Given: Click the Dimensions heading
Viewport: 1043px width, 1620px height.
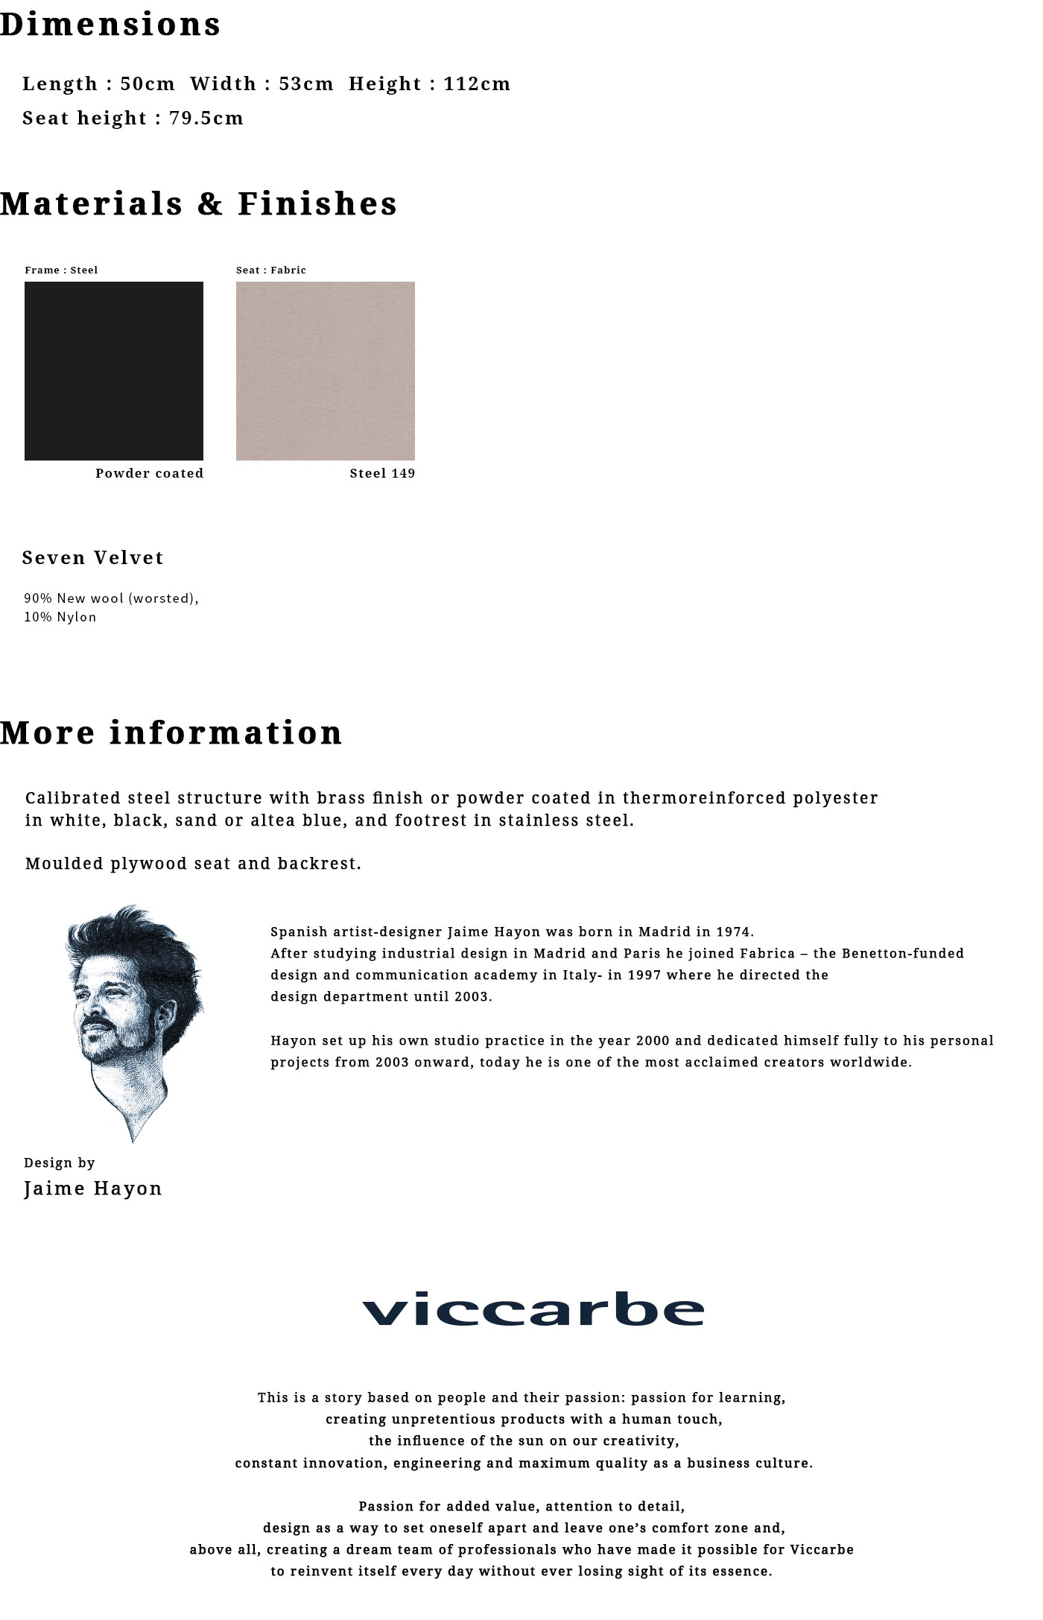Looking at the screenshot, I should coord(110,25).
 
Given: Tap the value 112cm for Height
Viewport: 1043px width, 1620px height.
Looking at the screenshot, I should coord(477,83).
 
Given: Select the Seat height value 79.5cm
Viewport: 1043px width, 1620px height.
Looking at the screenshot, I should coord(206,118).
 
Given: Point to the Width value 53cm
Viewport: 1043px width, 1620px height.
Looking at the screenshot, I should coord(306,83).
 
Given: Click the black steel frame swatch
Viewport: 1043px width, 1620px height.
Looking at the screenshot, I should coord(114,370).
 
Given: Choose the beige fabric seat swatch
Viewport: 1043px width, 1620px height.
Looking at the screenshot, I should coord(326,370).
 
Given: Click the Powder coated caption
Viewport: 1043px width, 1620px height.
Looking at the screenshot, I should coord(149,473).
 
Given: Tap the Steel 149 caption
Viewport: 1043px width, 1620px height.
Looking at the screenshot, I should coord(382,473).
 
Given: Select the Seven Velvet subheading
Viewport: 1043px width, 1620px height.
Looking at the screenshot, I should coord(93,557).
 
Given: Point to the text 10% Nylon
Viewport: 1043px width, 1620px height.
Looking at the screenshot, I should coord(60,617).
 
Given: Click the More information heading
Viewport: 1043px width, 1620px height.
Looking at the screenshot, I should coord(171,733).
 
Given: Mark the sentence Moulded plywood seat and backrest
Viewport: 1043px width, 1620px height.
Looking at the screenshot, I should coord(193,864).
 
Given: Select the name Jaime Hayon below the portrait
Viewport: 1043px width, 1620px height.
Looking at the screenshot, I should coord(93,1189).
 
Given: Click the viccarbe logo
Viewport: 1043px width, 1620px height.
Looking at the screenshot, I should coord(533,1309).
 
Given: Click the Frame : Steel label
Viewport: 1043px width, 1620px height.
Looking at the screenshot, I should coord(61,270).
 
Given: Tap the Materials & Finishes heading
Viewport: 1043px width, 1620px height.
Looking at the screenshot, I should coord(199,203).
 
